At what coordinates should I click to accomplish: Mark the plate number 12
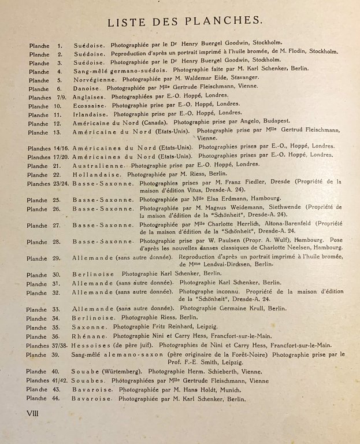57,123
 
